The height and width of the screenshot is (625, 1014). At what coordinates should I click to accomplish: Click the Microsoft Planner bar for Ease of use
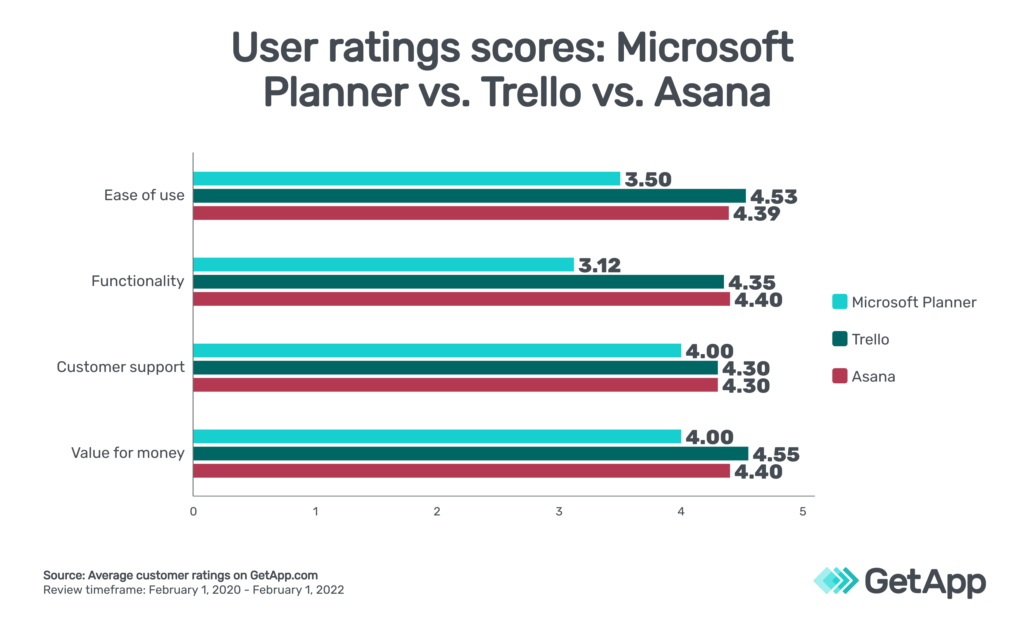[x=406, y=179]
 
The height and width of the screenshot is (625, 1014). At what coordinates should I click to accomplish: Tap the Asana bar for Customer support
[x=455, y=385]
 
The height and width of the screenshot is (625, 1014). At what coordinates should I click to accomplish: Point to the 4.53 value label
[x=773, y=197]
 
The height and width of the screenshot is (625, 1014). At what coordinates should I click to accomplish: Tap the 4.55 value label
[x=776, y=455]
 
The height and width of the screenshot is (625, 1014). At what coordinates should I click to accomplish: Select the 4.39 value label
[x=756, y=214]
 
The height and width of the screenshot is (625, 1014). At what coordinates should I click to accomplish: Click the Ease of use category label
[x=144, y=195]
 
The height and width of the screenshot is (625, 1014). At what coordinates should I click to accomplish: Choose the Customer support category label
[x=120, y=367]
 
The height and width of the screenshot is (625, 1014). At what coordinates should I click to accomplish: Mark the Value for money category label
[x=128, y=453]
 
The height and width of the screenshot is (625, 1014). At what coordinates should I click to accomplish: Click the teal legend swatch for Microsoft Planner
[x=839, y=302]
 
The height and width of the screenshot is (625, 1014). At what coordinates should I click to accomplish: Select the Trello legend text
[x=870, y=339]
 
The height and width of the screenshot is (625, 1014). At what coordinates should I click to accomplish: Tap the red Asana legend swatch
[x=839, y=376]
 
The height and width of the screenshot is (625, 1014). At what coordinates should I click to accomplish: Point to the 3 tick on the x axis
[x=559, y=512]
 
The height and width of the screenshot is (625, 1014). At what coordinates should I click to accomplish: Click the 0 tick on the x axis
[x=193, y=512]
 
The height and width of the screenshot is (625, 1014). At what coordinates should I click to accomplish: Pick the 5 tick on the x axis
[x=803, y=512]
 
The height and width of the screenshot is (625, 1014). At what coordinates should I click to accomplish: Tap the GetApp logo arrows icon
[x=835, y=581]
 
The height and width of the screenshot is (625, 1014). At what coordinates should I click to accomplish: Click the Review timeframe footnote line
[x=194, y=590]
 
